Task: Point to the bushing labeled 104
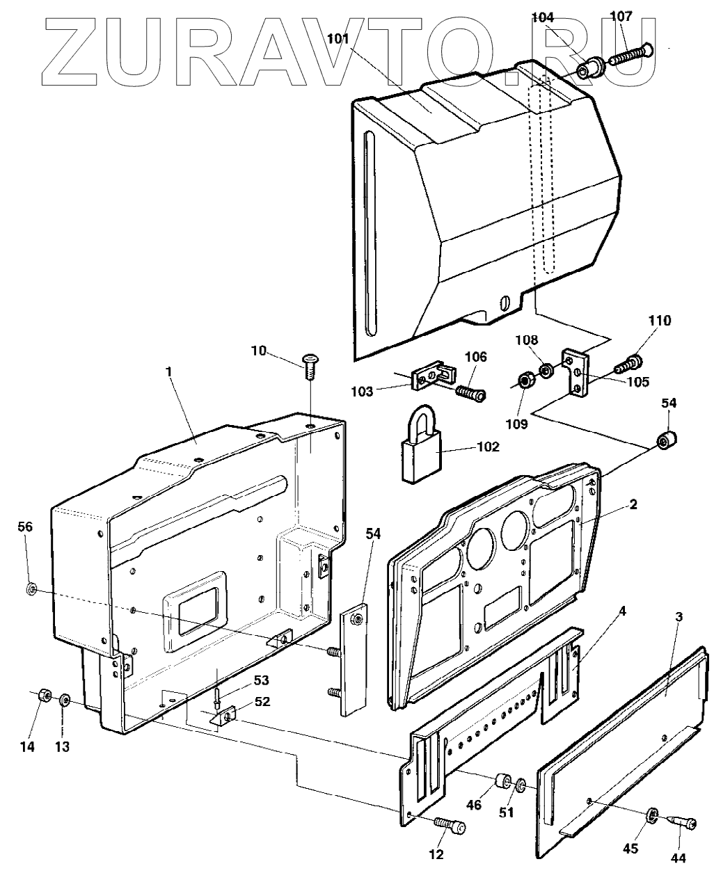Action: click(588, 70)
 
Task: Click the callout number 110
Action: click(659, 321)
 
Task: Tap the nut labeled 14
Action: click(42, 694)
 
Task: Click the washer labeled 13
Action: click(64, 698)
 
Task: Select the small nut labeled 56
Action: click(31, 590)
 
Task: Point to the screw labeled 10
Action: click(310, 363)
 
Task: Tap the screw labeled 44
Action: click(682, 823)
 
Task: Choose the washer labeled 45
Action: click(653, 814)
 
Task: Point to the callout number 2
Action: click(633, 505)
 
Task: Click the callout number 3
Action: click(679, 616)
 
